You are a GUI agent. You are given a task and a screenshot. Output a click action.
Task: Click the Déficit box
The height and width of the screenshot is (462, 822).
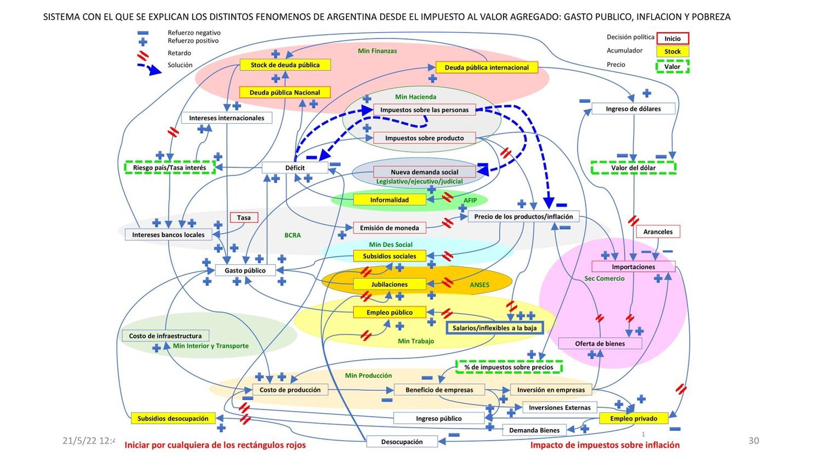coord(295,168)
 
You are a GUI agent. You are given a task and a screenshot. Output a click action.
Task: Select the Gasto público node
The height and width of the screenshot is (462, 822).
coord(245,270)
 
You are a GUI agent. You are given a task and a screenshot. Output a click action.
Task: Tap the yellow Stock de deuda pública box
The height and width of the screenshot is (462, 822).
coord(285,65)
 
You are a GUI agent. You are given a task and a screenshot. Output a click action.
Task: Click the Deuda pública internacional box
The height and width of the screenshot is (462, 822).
coord(487,67)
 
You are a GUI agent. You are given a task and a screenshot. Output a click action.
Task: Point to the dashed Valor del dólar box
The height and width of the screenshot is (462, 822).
coord(633,168)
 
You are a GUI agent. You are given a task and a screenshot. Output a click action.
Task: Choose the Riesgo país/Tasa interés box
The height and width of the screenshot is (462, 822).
coord(169,168)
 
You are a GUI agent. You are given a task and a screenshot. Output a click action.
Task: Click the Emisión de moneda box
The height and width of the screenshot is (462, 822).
coord(389,228)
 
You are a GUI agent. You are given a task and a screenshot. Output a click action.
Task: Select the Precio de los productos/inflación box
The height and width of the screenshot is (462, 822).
coord(523,216)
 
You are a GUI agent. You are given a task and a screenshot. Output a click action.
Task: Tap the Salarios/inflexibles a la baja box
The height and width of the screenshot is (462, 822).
coord(494,328)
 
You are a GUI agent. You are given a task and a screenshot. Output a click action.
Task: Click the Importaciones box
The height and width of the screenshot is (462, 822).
coord(633,267)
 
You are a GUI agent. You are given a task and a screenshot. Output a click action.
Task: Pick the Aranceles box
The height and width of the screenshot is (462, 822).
coord(658,232)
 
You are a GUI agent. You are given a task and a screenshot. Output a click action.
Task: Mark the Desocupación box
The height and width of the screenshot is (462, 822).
coord(402,441)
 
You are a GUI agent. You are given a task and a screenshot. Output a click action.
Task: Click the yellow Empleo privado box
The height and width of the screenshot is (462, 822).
coord(633,418)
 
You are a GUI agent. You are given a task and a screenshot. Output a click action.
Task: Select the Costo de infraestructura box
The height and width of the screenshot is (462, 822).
coord(165,336)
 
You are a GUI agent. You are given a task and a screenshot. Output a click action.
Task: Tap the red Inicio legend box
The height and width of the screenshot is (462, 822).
coord(672,38)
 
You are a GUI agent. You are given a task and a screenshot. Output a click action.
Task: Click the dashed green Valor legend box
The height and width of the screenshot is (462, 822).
coord(672,67)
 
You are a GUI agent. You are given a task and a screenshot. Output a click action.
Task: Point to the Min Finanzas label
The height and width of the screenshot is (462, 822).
coord(377,51)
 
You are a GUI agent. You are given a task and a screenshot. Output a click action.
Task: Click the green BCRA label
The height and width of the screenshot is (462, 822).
coord(293,235)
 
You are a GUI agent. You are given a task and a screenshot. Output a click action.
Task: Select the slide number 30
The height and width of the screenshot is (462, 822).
coord(754,441)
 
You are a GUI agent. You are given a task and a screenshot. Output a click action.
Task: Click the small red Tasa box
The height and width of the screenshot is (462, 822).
coord(244,217)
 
